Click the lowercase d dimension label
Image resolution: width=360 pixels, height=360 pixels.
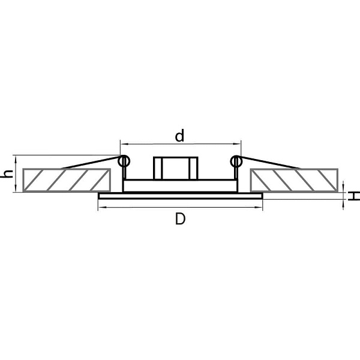[x=179, y=136]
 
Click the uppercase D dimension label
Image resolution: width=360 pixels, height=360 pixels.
[x=180, y=219]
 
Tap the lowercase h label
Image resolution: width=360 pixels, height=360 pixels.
[x=7, y=174]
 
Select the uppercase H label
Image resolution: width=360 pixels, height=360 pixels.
[x=354, y=196]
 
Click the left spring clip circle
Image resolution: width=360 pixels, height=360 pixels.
[x=124, y=161]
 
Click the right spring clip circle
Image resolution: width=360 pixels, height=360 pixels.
[x=236, y=161]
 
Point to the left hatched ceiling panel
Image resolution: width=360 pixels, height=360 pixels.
[x=67, y=180]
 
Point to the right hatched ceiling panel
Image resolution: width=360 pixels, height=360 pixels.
[x=294, y=180]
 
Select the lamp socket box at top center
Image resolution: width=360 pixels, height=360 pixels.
[x=175, y=168]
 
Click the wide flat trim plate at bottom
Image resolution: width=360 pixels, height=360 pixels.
[x=180, y=196]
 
